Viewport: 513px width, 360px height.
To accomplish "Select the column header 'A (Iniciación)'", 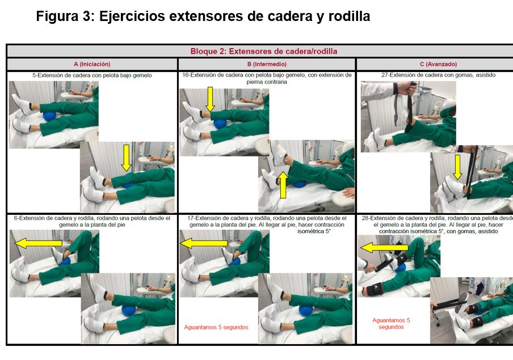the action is click(x=92, y=64).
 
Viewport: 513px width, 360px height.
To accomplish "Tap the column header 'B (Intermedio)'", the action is click(x=267, y=64).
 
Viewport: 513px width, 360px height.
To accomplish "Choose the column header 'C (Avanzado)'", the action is click(x=439, y=64).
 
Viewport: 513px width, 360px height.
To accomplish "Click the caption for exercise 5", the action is click(x=92, y=75).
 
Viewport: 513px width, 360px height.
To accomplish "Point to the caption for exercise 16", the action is click(x=267, y=78).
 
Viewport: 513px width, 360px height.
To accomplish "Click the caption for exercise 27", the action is click(x=439, y=75).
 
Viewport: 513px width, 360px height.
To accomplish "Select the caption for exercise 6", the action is click(x=92, y=221).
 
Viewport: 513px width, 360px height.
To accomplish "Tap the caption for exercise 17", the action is click(x=267, y=225).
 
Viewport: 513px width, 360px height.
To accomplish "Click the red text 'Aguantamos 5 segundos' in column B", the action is click(x=216, y=327).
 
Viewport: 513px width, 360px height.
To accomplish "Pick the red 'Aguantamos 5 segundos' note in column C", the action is click(x=391, y=324).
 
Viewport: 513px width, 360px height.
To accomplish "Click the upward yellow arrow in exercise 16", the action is click(x=283, y=185).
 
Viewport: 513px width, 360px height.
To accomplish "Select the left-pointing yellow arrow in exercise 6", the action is click(x=38, y=243).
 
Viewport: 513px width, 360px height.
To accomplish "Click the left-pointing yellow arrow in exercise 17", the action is click(x=204, y=243).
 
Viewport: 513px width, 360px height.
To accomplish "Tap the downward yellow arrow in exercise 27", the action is click(x=458, y=167).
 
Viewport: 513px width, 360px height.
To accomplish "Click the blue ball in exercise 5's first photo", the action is click(x=50, y=116).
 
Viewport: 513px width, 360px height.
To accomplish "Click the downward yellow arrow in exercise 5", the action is click(x=127, y=158).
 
